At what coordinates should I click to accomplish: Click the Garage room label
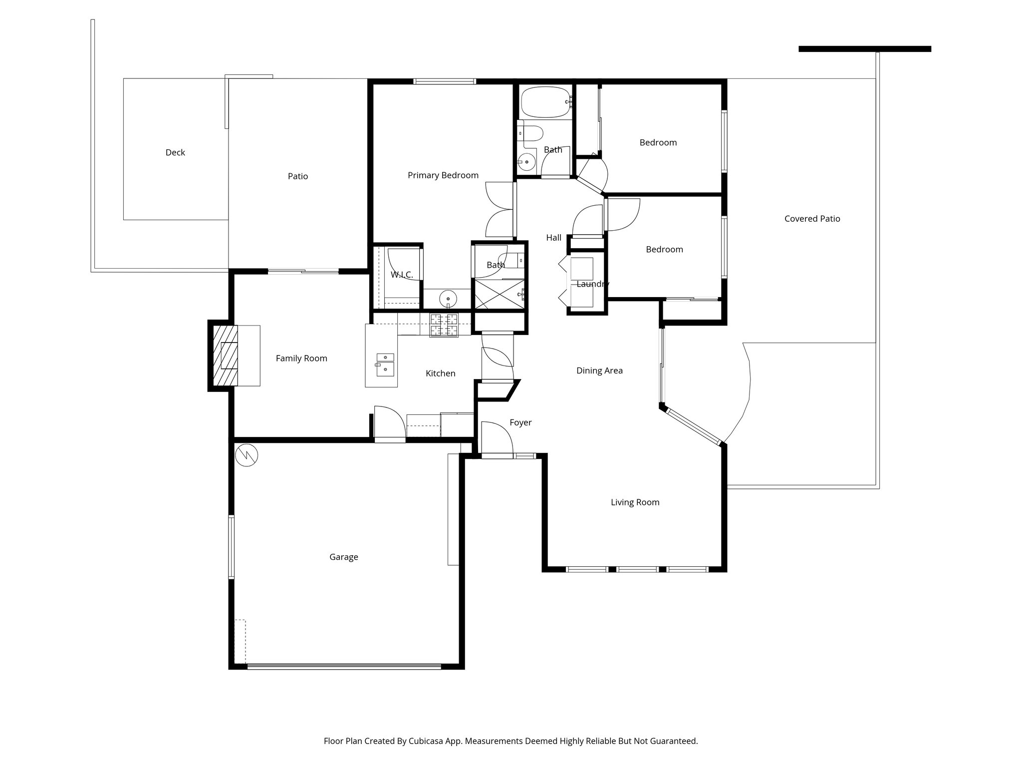click(343, 557)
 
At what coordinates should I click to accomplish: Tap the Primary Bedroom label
click(443, 175)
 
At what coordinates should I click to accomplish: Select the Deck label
click(175, 152)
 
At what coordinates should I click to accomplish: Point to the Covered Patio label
click(812, 219)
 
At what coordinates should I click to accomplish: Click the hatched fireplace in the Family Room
click(225, 355)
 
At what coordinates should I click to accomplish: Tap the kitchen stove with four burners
click(444, 325)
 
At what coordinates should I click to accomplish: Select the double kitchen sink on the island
click(385, 364)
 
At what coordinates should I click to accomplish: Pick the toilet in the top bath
click(531, 134)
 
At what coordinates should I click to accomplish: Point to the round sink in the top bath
click(526, 162)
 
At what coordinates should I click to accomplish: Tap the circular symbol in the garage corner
click(246, 455)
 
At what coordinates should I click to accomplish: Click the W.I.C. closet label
click(401, 275)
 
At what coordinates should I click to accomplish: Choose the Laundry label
click(592, 284)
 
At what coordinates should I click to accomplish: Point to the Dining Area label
click(599, 371)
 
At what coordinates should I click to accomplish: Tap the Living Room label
click(635, 502)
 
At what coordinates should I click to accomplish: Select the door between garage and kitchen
click(389, 424)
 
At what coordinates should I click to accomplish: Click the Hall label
click(553, 238)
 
